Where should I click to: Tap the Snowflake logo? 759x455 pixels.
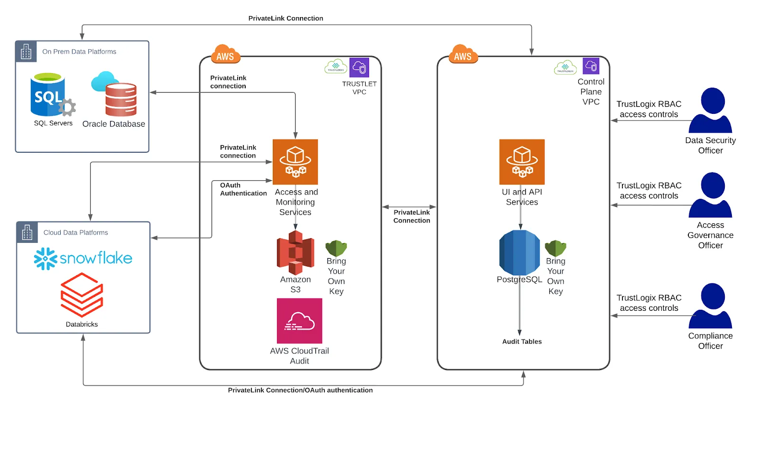pyautogui.click(x=83, y=259)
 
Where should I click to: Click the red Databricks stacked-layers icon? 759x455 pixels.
pyautogui.click(x=82, y=295)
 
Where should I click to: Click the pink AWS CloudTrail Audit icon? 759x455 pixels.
pyautogui.click(x=299, y=321)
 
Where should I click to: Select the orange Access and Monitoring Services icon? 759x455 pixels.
pyautogui.click(x=295, y=162)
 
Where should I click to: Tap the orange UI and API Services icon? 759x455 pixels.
pyautogui.click(x=522, y=162)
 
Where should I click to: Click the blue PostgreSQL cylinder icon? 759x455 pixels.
pyautogui.click(x=519, y=252)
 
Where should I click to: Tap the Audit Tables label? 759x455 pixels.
pyautogui.click(x=522, y=342)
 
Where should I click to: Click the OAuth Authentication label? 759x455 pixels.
pyautogui.click(x=243, y=189)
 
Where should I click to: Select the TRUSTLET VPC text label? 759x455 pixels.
pyautogui.click(x=359, y=88)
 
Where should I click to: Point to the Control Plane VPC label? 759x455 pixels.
pyautogui.click(x=591, y=92)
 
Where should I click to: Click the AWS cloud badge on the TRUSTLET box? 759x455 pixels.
pyautogui.click(x=225, y=55)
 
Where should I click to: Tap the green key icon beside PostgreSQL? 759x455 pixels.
pyautogui.click(x=555, y=248)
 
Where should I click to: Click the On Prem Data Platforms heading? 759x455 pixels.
pyautogui.click(x=79, y=52)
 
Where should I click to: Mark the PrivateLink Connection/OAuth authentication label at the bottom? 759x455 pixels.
pyautogui.click(x=300, y=390)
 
